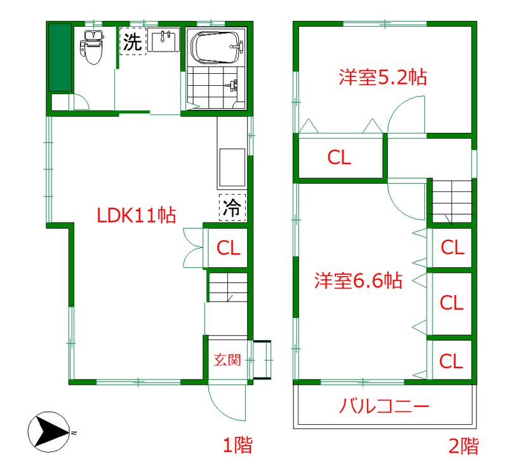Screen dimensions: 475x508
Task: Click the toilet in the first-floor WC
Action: coord(92,46)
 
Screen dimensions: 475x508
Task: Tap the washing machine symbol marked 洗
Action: coord(133,42)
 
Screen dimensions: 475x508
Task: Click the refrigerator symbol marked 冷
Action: coord(232,207)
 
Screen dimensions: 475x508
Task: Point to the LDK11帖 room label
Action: coord(136,216)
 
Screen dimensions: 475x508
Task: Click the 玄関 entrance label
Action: coord(226,360)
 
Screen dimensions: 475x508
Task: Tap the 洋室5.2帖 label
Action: coord(382,78)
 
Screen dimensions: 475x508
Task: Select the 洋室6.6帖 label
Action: coord(358,280)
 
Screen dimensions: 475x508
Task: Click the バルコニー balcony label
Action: coord(385,405)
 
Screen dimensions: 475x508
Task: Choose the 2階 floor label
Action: coord(464,445)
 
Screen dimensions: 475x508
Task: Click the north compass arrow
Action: coord(50,433)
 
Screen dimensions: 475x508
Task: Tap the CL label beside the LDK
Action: coord(229,248)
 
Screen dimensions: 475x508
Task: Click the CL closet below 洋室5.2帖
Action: coord(339,158)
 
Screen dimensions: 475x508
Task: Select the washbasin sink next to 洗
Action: coord(166,43)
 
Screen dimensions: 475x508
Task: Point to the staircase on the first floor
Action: coord(227,287)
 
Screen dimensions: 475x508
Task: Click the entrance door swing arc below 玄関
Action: coord(224,401)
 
